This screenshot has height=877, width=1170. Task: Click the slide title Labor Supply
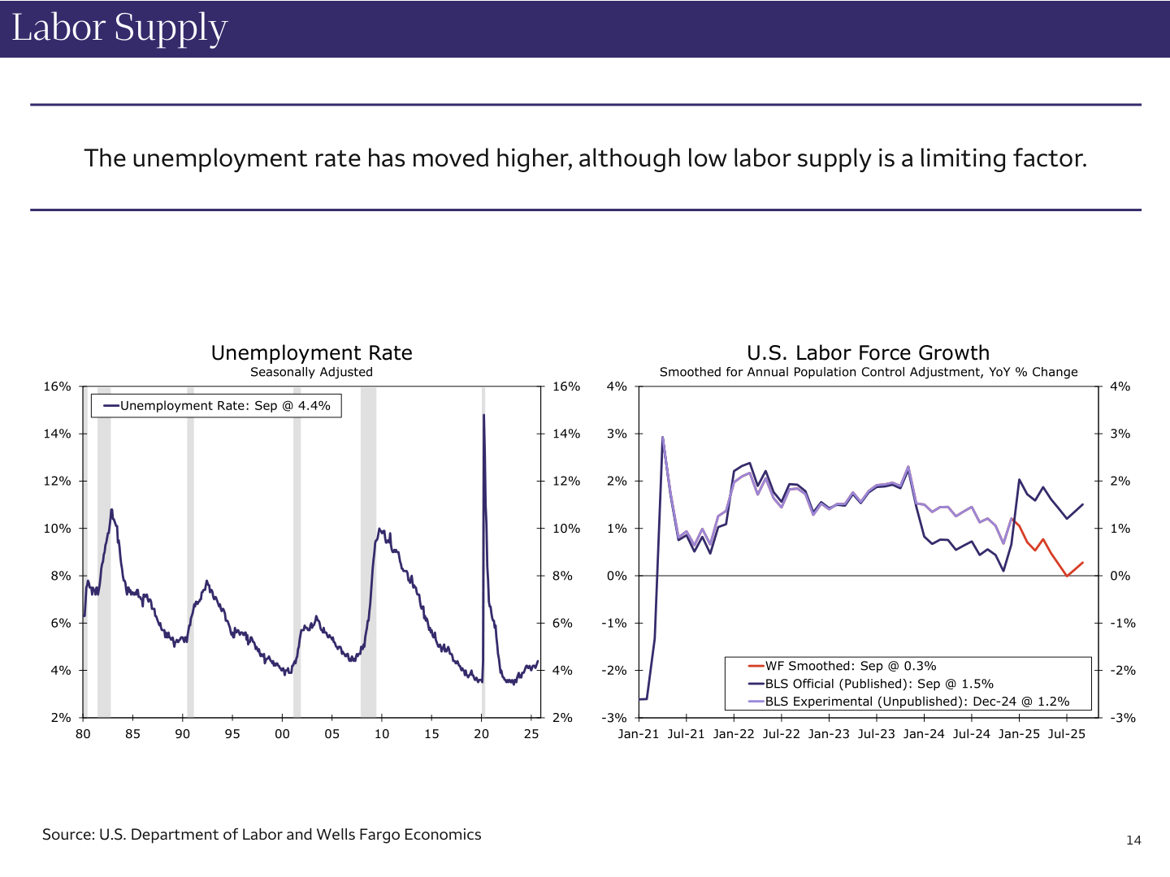pyautogui.click(x=119, y=28)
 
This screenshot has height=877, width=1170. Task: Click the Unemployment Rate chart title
pyautogui.click(x=311, y=353)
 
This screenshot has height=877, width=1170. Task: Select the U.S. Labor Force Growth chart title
pyautogui.click(x=868, y=353)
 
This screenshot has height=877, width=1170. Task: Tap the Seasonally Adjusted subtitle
pyautogui.click(x=311, y=372)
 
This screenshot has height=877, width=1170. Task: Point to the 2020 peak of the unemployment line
pyautogui.click(x=484, y=416)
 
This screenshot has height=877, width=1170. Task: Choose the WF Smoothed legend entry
pyautogui.click(x=850, y=666)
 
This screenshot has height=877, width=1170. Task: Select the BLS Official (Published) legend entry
pyautogui.click(x=878, y=684)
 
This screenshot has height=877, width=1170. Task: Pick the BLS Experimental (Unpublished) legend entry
pyautogui.click(x=916, y=702)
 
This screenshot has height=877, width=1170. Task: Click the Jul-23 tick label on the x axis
pyautogui.click(x=876, y=734)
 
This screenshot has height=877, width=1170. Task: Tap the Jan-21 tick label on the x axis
pyautogui.click(x=639, y=734)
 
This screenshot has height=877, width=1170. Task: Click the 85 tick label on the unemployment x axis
pyautogui.click(x=132, y=734)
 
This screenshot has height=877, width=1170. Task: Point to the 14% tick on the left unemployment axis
pyautogui.click(x=57, y=434)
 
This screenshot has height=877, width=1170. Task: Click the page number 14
pyautogui.click(x=1133, y=840)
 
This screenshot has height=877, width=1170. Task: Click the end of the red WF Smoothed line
pyautogui.click(x=1082, y=563)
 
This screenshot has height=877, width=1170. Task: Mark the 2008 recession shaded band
pyautogui.click(x=368, y=552)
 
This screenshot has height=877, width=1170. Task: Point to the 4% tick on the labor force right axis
pyautogui.click(x=1120, y=387)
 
